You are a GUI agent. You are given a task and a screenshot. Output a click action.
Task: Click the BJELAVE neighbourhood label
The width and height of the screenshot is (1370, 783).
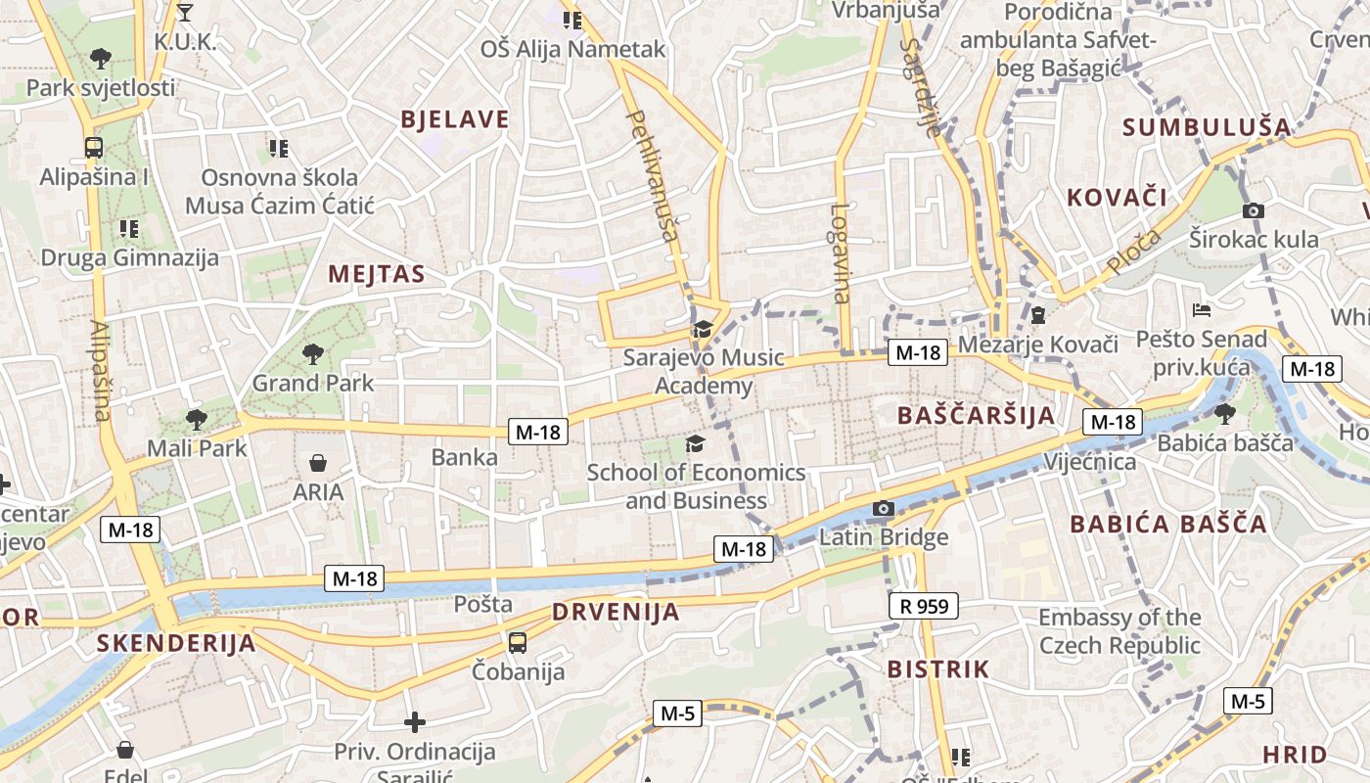[x=455, y=119]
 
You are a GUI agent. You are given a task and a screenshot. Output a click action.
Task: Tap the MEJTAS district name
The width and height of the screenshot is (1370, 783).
[x=377, y=274]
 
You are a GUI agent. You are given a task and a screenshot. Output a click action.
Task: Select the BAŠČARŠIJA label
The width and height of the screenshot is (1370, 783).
[x=977, y=415]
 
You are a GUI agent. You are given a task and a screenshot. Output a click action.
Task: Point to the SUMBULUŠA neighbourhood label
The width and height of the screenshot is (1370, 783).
[x=1207, y=126]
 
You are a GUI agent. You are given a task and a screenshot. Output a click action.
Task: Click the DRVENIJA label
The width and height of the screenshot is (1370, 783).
[x=616, y=613]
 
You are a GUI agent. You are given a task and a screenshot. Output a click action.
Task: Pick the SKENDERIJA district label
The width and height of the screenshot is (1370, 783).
[x=176, y=643]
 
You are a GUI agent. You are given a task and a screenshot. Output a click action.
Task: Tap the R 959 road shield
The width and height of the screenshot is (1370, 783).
[x=924, y=606]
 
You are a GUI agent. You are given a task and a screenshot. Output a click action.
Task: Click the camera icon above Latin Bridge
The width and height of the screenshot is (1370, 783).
[x=883, y=508]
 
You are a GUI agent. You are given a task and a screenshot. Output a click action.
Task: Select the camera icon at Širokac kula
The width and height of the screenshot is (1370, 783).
[x=1253, y=210]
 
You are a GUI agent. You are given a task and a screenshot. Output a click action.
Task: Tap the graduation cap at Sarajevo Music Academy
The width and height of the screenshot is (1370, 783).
[x=703, y=329]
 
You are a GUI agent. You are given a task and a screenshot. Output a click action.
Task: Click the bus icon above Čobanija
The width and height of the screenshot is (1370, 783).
[x=518, y=643]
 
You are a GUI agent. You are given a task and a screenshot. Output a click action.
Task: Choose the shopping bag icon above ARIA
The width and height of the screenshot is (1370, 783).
[x=318, y=463]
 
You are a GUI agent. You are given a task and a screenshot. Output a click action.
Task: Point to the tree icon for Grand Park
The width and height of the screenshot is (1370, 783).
[x=312, y=353]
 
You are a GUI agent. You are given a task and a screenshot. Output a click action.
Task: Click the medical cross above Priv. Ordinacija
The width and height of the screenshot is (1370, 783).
[x=415, y=722]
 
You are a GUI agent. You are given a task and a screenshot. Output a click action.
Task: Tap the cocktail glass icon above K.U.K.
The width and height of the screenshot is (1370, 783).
[x=185, y=13]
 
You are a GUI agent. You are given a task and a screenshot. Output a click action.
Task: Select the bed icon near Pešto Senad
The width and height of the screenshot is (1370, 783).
[x=1202, y=310]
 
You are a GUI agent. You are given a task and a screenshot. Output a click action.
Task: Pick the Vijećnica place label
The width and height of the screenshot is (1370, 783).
[x=1090, y=461]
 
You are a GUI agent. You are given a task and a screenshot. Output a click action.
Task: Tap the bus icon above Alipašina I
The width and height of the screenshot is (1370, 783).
[x=94, y=148]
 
